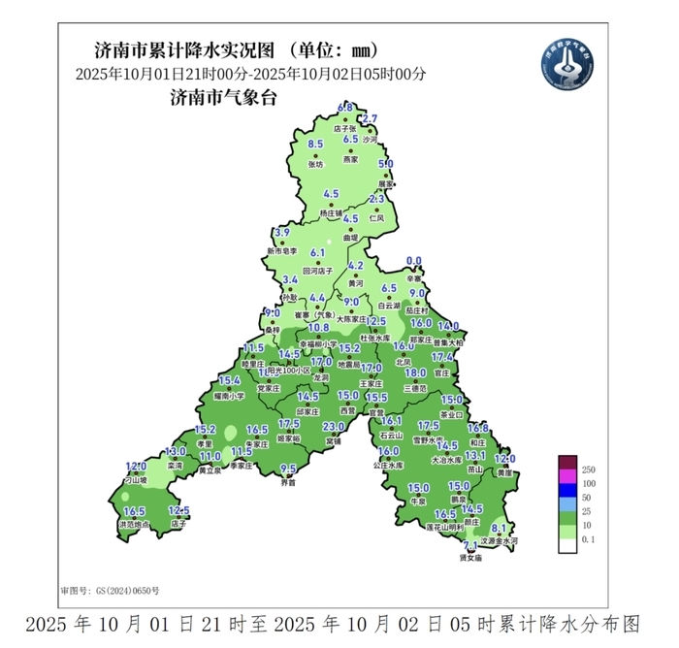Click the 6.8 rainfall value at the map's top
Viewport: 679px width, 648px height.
coord(344,107)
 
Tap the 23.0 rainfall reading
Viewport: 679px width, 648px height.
coord(334,428)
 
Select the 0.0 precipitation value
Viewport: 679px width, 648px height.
coord(414,261)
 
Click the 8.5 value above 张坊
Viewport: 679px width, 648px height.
coord(314,145)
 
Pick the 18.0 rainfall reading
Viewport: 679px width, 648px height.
coord(415,373)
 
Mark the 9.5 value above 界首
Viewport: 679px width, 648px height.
coord(288,469)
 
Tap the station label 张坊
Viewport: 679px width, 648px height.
coord(314,164)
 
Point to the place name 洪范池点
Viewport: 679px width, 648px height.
coord(134,525)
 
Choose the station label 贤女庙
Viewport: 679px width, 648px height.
coord(470,558)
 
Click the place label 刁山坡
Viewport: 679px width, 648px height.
coord(134,479)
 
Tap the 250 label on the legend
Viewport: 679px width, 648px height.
coord(588,470)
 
